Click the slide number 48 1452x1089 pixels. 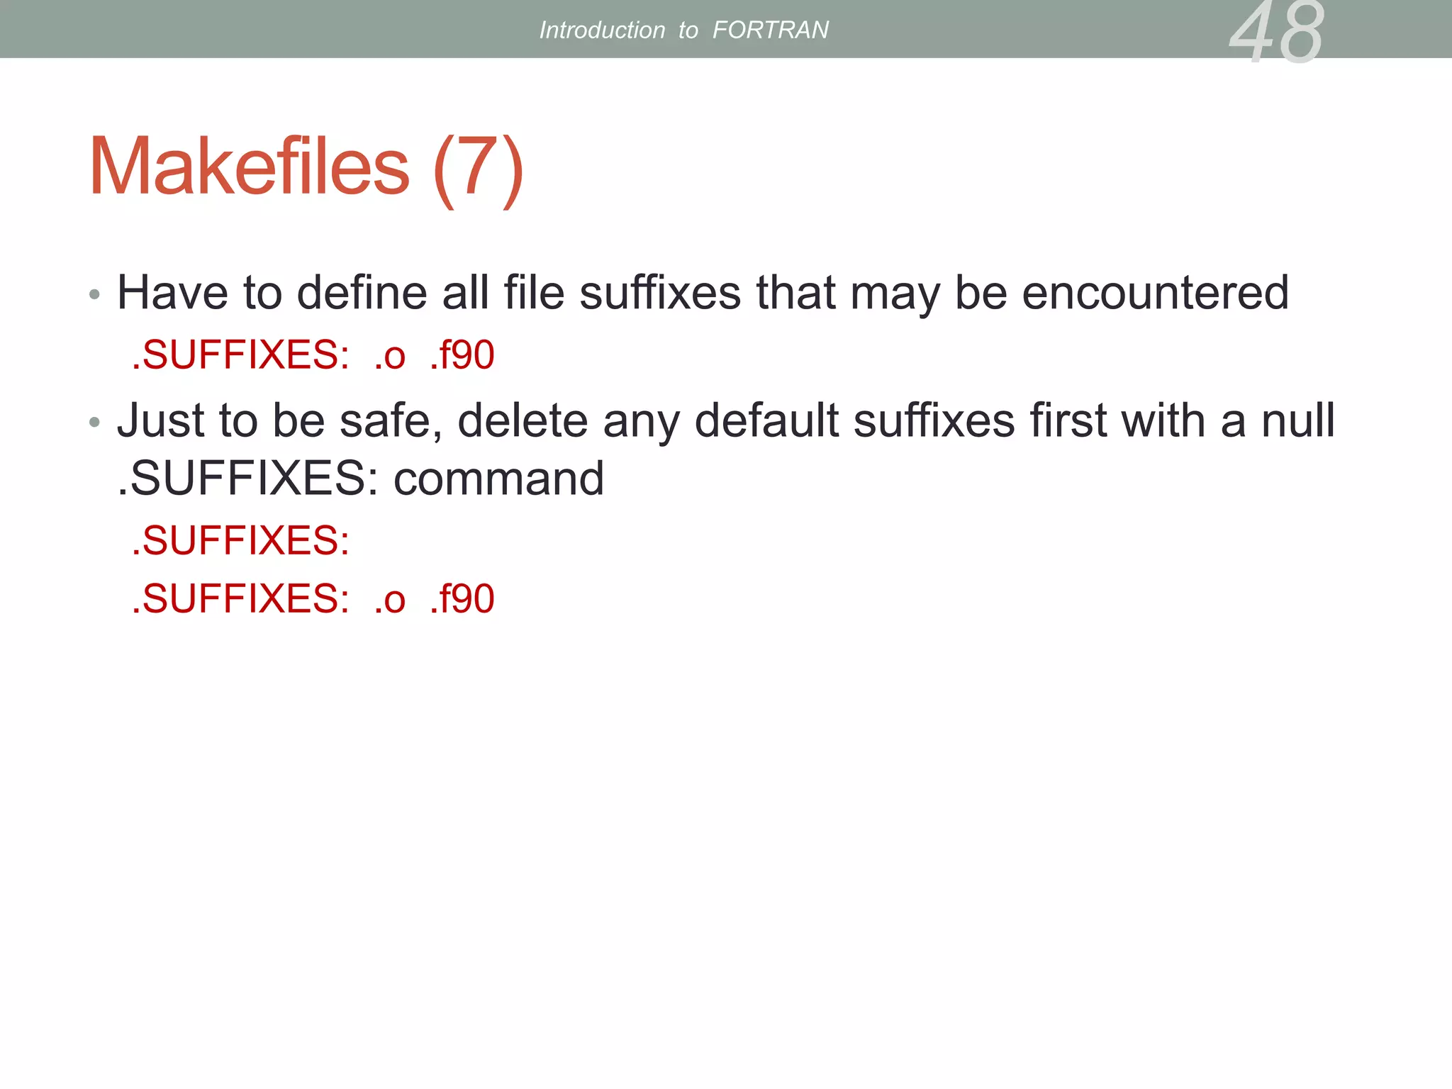point(1276,33)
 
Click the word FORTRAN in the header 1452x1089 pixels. point(770,30)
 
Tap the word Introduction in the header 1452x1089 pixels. point(602,30)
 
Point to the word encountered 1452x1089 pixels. point(1155,292)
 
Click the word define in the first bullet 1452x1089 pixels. point(362,292)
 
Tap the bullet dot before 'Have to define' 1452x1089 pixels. point(95,294)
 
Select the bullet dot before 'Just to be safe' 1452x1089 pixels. point(95,423)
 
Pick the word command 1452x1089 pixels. point(498,479)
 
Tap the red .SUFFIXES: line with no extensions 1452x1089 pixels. point(241,540)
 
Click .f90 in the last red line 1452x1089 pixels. point(462,598)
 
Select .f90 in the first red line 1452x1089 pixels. point(462,354)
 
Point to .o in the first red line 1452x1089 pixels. point(390,356)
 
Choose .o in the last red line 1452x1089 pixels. point(390,600)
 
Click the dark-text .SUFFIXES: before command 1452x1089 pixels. point(247,479)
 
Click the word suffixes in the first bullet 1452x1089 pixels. point(659,292)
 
